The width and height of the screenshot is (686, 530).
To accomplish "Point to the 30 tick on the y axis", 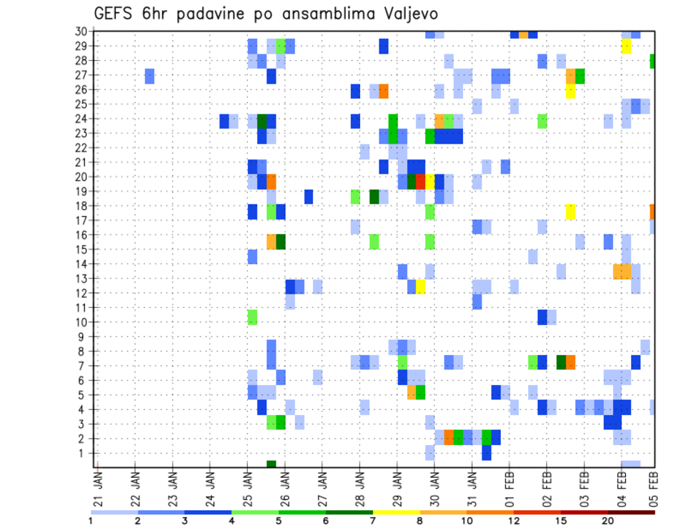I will [81, 31].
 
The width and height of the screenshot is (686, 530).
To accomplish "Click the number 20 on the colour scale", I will [607, 520].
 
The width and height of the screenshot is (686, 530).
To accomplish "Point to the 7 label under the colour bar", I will [373, 520].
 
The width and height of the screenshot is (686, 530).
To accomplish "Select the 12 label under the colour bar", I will [513, 520].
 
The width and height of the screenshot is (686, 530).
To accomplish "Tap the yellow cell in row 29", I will [626, 46].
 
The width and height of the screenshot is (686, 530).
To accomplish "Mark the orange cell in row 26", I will [384, 91].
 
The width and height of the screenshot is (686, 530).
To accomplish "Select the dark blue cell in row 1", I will [487, 453].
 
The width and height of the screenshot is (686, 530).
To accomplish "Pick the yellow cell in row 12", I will [421, 286].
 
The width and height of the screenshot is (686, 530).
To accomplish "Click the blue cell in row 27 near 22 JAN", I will [150, 76].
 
